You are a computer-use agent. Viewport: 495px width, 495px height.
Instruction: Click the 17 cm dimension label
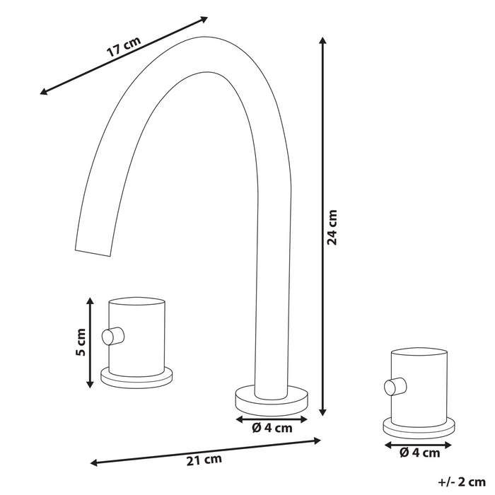click(x=124, y=49)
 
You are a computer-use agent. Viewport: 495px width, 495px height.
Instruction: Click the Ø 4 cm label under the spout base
click(x=271, y=428)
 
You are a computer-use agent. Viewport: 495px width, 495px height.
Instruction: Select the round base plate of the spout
click(x=272, y=397)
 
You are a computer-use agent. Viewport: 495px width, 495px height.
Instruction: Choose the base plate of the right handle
click(x=419, y=427)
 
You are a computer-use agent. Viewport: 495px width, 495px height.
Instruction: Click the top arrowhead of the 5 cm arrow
click(x=90, y=301)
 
